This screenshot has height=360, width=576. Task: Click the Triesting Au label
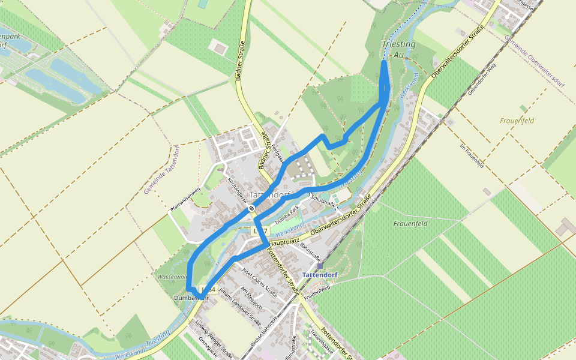(x=398, y=49)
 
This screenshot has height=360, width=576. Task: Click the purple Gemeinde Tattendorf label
(x=161, y=169)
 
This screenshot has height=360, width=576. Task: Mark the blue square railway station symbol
(x=320, y=265)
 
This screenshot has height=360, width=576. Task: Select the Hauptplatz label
(x=284, y=242)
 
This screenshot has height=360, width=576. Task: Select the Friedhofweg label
(x=318, y=292)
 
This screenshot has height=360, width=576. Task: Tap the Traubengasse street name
(x=321, y=340)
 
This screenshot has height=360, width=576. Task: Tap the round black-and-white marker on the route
(x=252, y=209)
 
